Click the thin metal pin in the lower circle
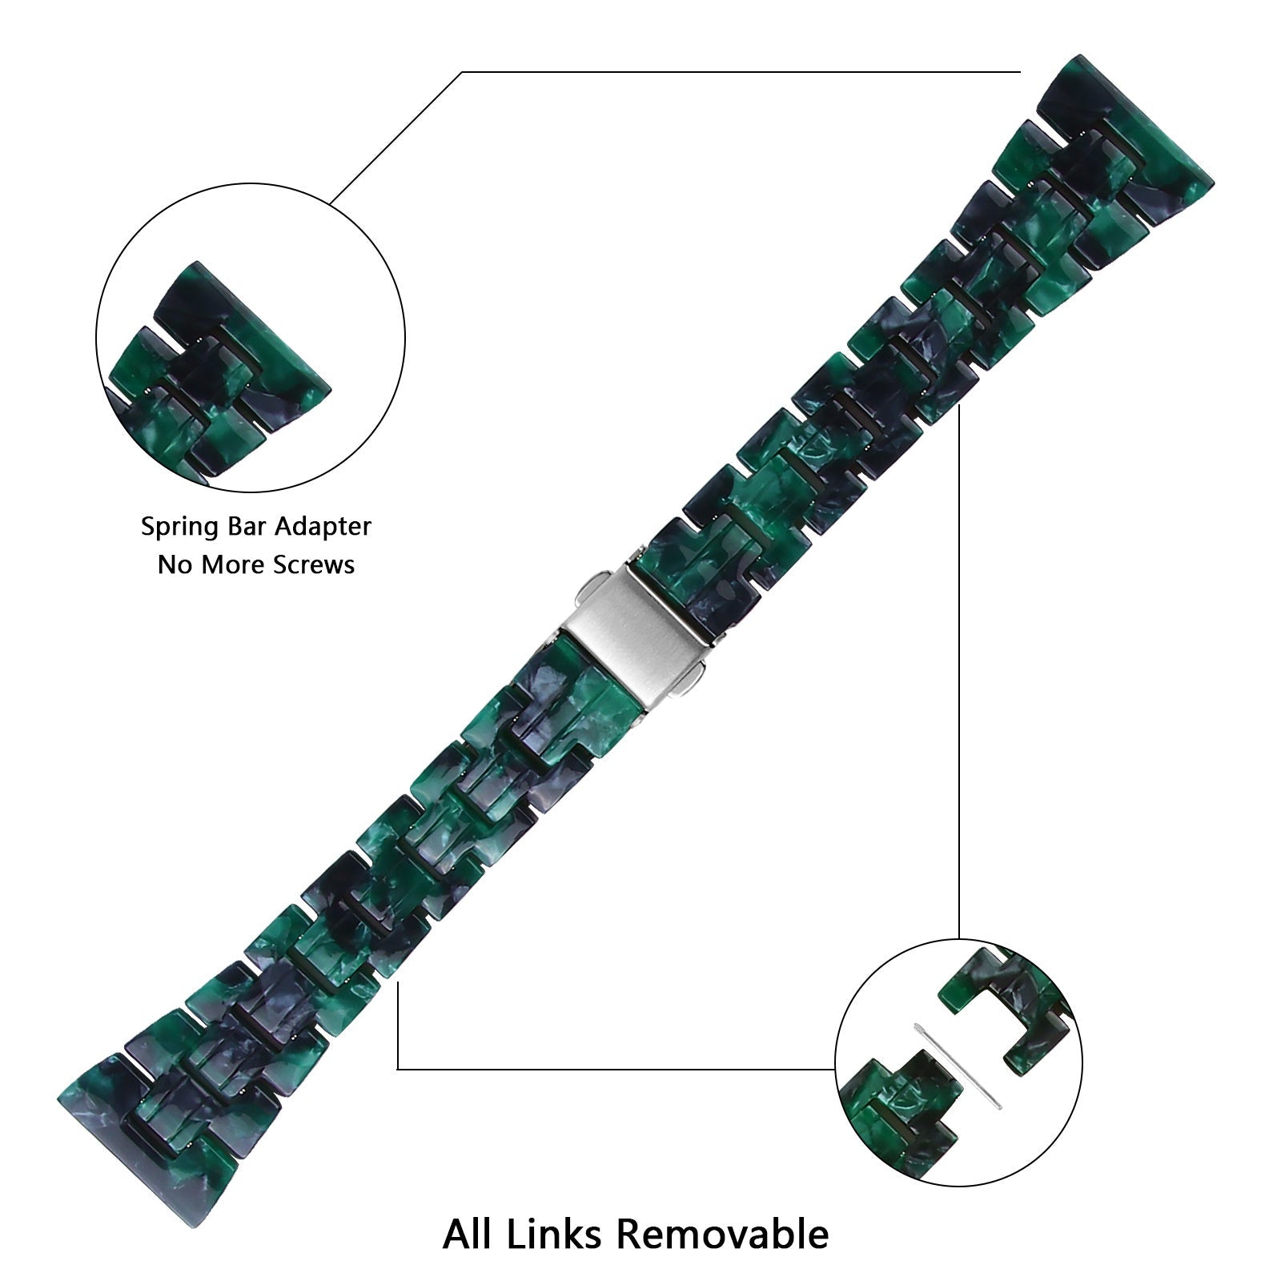pos(958,1065)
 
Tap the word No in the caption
pos(173,565)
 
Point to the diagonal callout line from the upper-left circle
pos(396,136)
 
